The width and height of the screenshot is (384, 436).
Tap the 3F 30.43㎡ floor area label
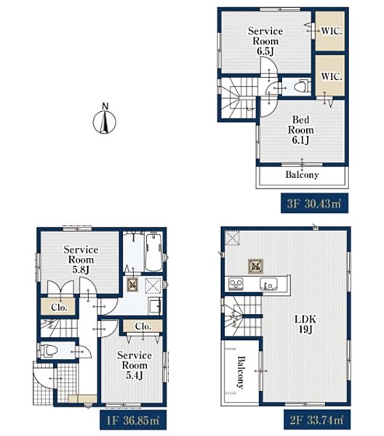[x=314, y=203]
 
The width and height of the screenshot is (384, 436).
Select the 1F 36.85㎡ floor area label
[x=133, y=419]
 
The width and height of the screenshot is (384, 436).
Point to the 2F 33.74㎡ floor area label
[x=317, y=419]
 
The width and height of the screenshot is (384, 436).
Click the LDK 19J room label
[x=305, y=324]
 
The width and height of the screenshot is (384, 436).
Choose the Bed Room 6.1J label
[x=301, y=130]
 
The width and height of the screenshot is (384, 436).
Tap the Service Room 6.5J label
[x=265, y=41]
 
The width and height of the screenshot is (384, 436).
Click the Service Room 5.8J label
[x=81, y=259]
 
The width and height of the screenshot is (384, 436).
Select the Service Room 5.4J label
[x=135, y=365]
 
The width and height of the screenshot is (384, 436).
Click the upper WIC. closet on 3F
[x=330, y=31]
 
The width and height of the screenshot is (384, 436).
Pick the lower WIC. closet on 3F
[x=330, y=76]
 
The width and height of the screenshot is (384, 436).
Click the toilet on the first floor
[x=48, y=350]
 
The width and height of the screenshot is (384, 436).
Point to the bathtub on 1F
[x=153, y=252]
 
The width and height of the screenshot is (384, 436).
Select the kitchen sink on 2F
[x=268, y=284]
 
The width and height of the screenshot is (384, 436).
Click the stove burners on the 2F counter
[x=236, y=284]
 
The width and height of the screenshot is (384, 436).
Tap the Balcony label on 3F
[x=303, y=174]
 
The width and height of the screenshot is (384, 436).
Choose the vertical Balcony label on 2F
[x=240, y=372]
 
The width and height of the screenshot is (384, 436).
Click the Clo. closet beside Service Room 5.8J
[x=59, y=307]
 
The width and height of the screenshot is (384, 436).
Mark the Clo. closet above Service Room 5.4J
[x=143, y=326]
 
